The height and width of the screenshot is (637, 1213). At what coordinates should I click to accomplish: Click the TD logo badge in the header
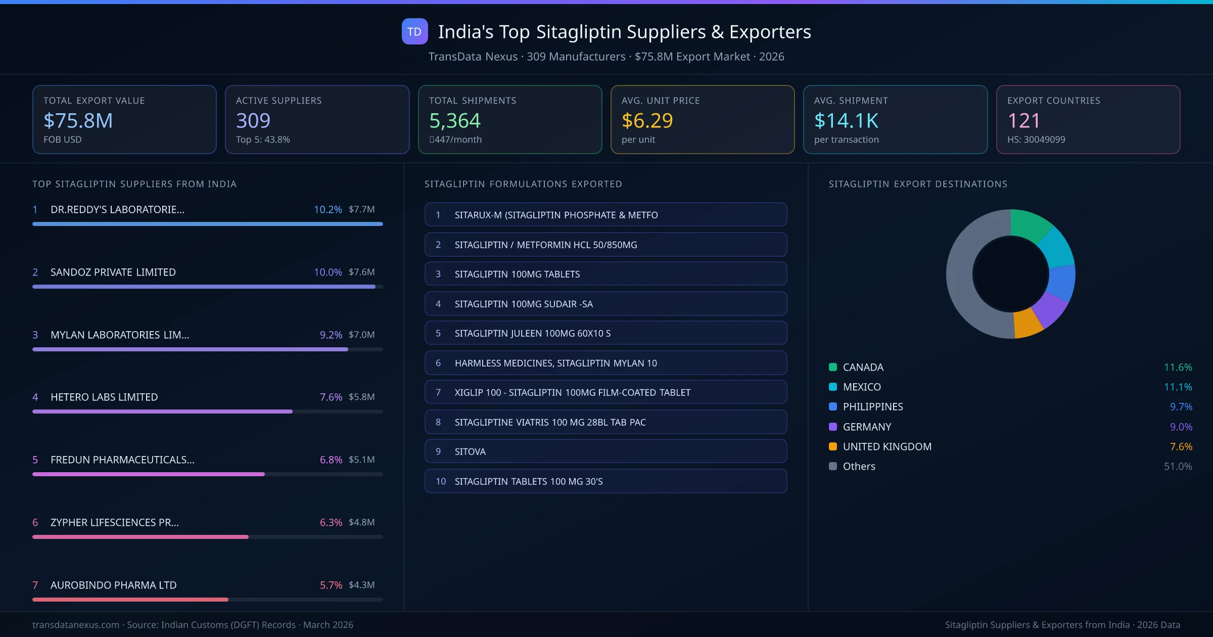click(x=414, y=31)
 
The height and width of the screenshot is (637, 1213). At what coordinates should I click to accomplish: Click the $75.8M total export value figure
click(x=78, y=120)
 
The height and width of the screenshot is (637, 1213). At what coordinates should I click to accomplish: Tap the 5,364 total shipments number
click(x=454, y=120)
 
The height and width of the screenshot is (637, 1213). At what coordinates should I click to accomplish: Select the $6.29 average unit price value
click(x=647, y=120)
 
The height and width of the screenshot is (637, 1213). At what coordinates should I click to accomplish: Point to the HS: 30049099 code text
click(x=1036, y=140)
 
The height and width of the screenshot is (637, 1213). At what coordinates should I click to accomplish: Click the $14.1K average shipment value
click(x=846, y=120)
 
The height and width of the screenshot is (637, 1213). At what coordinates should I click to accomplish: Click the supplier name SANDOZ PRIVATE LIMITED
click(x=113, y=272)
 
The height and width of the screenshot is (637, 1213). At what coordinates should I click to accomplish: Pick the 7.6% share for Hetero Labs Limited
click(x=331, y=397)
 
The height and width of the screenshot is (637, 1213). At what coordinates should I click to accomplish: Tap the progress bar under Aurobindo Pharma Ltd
click(x=130, y=600)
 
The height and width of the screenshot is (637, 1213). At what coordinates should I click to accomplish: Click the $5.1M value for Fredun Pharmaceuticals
click(x=361, y=460)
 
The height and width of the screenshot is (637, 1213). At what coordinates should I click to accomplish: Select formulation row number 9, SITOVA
click(x=605, y=451)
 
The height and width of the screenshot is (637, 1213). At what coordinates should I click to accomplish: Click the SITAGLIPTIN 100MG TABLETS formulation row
click(x=605, y=274)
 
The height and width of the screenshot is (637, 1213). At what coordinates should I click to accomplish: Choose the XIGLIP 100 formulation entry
click(x=605, y=392)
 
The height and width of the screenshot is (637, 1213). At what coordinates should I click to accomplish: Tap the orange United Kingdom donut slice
click(x=1027, y=323)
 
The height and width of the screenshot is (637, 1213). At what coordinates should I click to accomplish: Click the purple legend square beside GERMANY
click(x=833, y=427)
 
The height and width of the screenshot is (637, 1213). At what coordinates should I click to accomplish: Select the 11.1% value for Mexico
click(x=1178, y=387)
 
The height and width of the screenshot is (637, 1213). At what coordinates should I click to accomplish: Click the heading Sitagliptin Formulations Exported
click(x=523, y=184)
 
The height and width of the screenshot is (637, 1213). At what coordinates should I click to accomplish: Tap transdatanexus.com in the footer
click(x=76, y=625)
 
